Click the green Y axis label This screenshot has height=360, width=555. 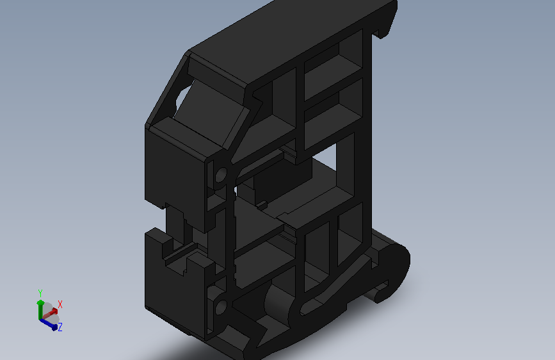(40, 293)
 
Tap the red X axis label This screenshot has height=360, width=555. (60, 304)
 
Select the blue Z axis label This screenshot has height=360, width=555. (60, 327)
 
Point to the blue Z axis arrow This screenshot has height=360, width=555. (49, 324)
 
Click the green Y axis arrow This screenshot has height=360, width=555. (40, 310)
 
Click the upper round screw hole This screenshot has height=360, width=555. (221, 175)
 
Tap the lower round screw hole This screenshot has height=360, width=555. (221, 307)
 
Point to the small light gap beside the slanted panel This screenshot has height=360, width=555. (183, 96)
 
